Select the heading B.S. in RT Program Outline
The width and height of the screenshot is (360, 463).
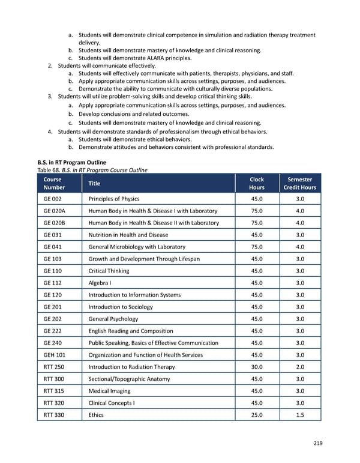71,162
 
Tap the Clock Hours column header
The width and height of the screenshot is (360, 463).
256,183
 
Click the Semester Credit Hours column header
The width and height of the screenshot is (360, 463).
300,183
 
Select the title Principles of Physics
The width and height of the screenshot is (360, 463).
113,199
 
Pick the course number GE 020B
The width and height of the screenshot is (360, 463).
55,223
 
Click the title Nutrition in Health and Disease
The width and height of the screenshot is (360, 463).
128,235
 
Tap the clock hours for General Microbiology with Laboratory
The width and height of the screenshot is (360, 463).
256,247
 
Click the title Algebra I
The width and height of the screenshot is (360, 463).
99,283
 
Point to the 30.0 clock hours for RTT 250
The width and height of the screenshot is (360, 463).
256,367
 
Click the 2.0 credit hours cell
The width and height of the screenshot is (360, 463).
300,367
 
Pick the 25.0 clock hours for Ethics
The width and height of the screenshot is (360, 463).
256,415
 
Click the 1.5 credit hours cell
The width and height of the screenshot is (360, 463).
300,415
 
